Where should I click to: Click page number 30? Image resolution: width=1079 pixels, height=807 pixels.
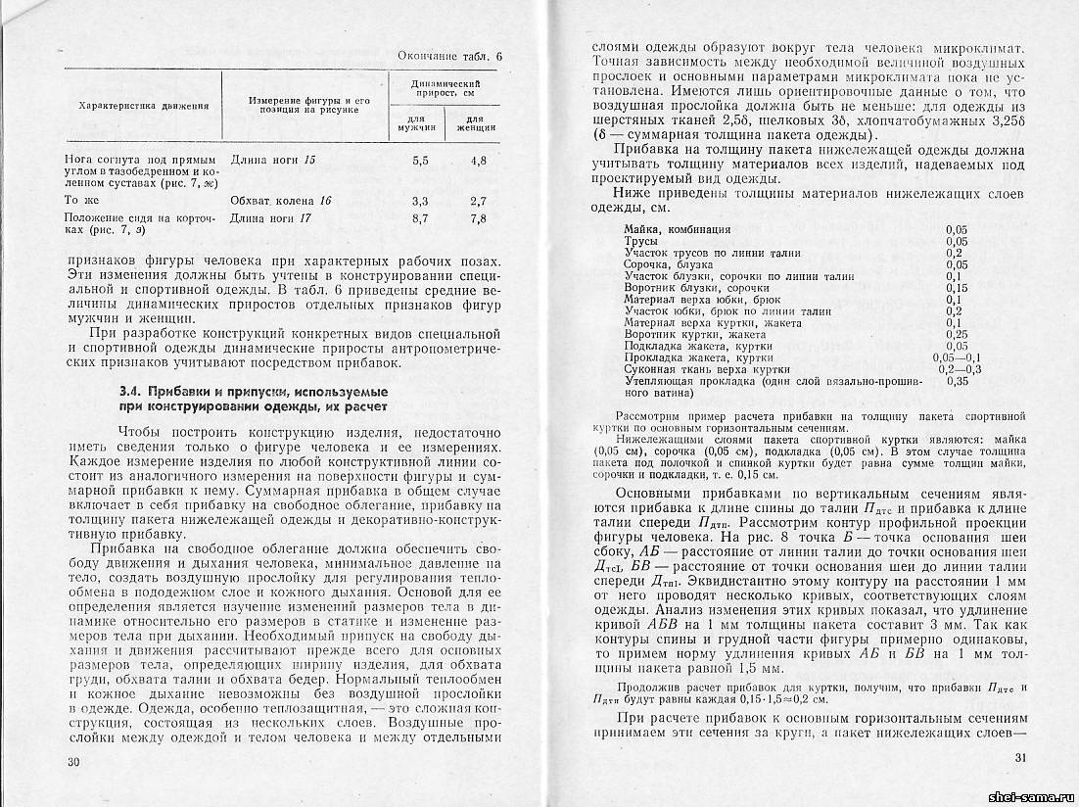(70, 762)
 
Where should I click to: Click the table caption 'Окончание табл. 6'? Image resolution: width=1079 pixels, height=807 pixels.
(450, 57)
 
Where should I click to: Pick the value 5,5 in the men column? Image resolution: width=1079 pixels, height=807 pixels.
(419, 159)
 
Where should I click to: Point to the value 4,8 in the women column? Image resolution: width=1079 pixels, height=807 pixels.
(478, 159)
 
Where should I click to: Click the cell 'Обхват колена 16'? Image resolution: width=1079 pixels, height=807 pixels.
(280, 201)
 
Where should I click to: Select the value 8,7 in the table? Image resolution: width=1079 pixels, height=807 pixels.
(419, 218)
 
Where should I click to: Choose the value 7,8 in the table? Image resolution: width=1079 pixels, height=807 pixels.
(478, 218)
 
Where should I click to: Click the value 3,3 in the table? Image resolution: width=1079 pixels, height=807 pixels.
(419, 201)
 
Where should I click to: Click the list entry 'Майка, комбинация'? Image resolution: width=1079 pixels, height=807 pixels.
(677, 229)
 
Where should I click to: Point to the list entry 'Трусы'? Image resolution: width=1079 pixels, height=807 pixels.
(641, 241)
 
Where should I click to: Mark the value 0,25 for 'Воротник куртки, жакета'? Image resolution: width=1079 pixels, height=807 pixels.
(958, 334)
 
